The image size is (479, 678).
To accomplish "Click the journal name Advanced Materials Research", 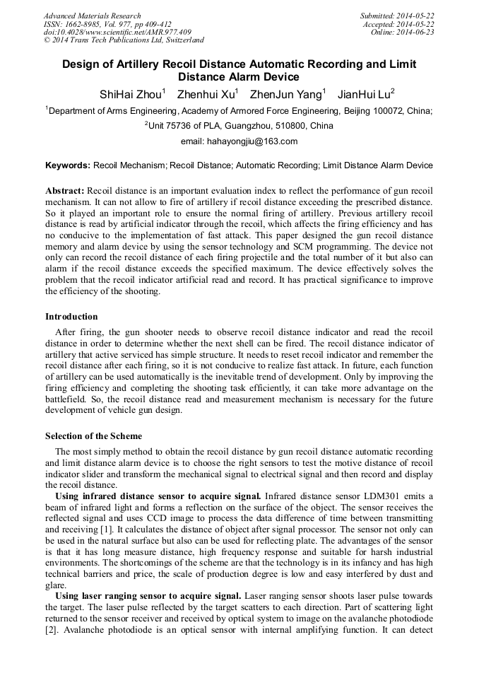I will point(92,16).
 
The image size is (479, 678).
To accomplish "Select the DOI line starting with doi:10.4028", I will point(117,32).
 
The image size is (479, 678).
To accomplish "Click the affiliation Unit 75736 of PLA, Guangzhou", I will point(239,126).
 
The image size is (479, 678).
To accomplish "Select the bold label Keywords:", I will point(68,165).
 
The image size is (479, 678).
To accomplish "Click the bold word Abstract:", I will point(65,192).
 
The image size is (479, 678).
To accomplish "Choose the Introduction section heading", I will point(71,317).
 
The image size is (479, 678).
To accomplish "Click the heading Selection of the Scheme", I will point(93,436).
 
